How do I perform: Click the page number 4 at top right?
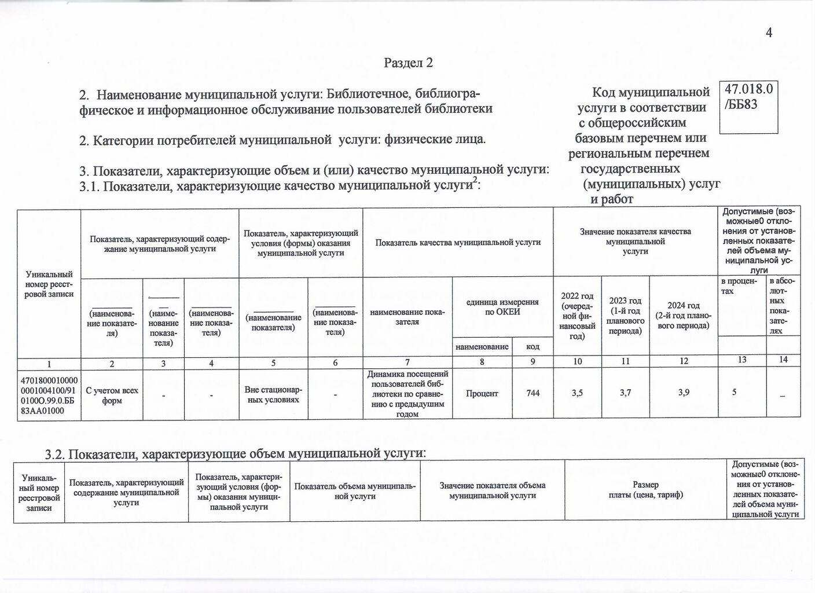(769, 33)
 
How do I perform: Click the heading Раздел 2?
(408, 63)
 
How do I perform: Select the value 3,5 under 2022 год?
(577, 393)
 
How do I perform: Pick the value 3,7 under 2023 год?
(625, 393)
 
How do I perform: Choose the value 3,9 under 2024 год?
(684, 393)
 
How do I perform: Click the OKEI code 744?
(533, 393)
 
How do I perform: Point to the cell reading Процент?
(482, 393)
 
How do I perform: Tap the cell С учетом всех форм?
(112, 395)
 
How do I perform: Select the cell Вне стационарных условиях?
(273, 394)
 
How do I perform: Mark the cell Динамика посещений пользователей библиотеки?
(407, 394)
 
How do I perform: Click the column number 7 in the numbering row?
(407, 362)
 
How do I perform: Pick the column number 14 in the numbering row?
(783, 360)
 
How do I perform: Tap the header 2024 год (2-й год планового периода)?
(684, 315)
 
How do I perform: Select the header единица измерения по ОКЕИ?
(502, 307)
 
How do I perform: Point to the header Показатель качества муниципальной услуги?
(458, 243)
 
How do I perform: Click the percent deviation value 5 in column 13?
(734, 392)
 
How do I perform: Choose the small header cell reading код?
(533, 346)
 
